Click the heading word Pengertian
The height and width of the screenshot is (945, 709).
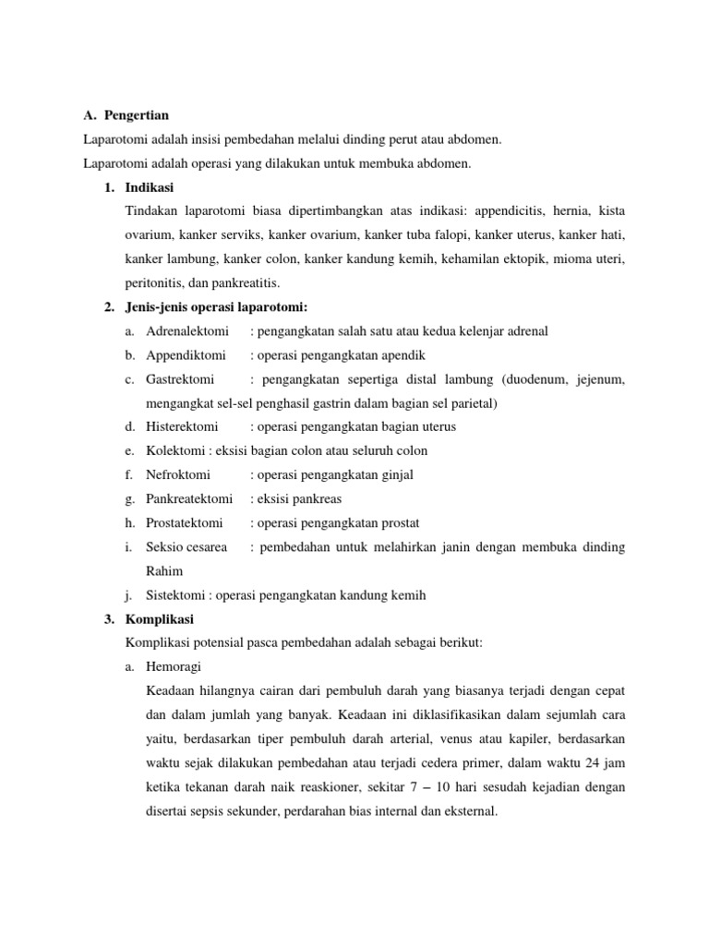pos(137,115)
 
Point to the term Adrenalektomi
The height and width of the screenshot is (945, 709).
pos(187,331)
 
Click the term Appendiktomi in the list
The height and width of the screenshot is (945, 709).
pos(186,355)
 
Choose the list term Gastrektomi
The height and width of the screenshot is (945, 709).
pos(180,379)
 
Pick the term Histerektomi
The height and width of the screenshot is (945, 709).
pos(182,427)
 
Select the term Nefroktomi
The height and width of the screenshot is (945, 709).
pos(178,475)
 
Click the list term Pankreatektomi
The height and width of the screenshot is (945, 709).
pos(189,499)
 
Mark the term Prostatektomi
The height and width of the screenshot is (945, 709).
pos(185,523)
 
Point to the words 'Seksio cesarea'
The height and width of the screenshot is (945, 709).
pos(186,547)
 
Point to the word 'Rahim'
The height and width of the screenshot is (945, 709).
pos(164,571)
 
